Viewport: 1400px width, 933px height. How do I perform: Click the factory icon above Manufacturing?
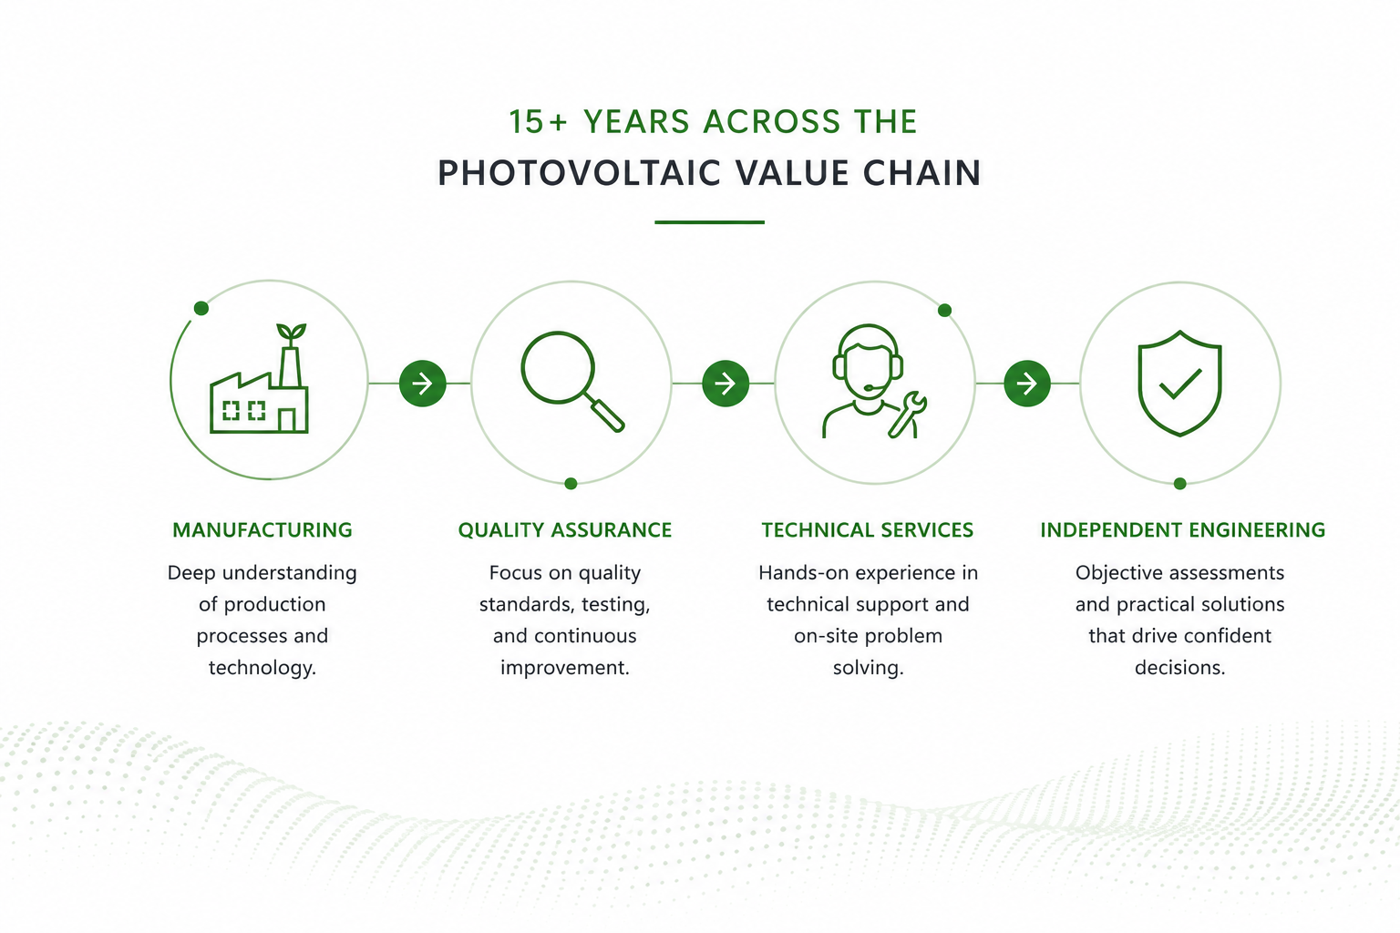(x=259, y=378)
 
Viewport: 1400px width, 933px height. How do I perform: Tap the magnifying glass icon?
(x=571, y=381)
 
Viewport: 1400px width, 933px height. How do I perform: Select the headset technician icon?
(x=874, y=381)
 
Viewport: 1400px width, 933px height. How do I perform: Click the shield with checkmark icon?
(x=1179, y=383)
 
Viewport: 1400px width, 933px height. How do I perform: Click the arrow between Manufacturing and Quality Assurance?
(x=423, y=383)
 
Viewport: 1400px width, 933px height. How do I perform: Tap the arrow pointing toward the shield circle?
(x=1027, y=383)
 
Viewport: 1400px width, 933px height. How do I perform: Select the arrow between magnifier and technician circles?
(x=725, y=383)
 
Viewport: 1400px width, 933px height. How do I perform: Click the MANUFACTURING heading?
(x=262, y=530)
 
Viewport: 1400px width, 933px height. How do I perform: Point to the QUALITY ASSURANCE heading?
(x=565, y=530)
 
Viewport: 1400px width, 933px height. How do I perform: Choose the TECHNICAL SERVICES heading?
(x=868, y=530)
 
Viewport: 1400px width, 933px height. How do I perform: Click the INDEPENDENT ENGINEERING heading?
(x=1182, y=530)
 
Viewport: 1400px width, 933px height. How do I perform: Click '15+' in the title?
(x=537, y=121)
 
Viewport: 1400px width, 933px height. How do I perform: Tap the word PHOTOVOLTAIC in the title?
(x=579, y=172)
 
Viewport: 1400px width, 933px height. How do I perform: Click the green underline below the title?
(x=709, y=221)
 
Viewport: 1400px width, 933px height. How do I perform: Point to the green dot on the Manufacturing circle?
(x=201, y=308)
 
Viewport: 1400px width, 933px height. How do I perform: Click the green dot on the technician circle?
(x=944, y=310)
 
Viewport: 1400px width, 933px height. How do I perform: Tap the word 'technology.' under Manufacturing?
(x=262, y=668)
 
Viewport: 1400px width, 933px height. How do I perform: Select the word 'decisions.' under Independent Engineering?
(x=1180, y=668)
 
